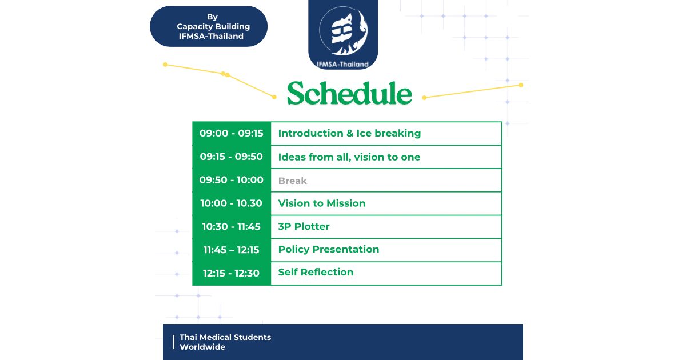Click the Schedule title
[349, 93]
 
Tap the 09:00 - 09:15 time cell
[231, 133]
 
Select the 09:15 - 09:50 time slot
[231, 157]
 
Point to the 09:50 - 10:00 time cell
[231, 179]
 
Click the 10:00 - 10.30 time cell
[231, 203]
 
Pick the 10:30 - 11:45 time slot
[231, 226]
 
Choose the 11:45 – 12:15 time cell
[231, 250]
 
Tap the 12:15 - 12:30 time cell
[231, 273]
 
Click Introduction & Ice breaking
[349, 133]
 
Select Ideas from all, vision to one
[349, 157]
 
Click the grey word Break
[293, 181]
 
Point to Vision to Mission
[322, 203]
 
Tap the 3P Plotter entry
[304, 226]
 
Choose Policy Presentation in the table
[329, 250]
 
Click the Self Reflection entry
[316, 272]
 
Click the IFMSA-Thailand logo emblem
[344, 31]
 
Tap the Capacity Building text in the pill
[213, 27]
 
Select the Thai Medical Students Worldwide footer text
[225, 342]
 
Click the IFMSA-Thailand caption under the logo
[342, 64]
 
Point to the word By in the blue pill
[212, 17]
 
